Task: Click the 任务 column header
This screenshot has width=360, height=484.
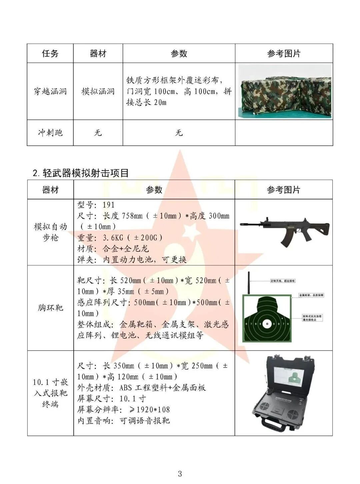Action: [50, 53]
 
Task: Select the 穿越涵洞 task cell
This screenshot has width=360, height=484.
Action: [50, 91]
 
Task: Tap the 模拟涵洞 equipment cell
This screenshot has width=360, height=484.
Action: [98, 91]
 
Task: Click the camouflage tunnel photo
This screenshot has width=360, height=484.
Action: [284, 91]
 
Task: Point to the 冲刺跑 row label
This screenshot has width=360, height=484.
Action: [50, 133]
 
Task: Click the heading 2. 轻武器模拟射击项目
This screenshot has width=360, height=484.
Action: [81, 173]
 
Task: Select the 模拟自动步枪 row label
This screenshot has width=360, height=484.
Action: [50, 232]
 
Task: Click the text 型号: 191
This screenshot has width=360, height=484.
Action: [96, 205]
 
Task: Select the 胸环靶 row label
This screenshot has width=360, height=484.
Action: [50, 308]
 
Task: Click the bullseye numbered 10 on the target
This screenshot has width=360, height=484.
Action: [266, 323]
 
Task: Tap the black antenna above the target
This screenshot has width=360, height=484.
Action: [249, 283]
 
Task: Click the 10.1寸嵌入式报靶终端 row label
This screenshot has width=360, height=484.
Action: [50, 393]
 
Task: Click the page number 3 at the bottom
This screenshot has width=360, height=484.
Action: [180, 474]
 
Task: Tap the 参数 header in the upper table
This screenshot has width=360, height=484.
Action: [179, 53]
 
